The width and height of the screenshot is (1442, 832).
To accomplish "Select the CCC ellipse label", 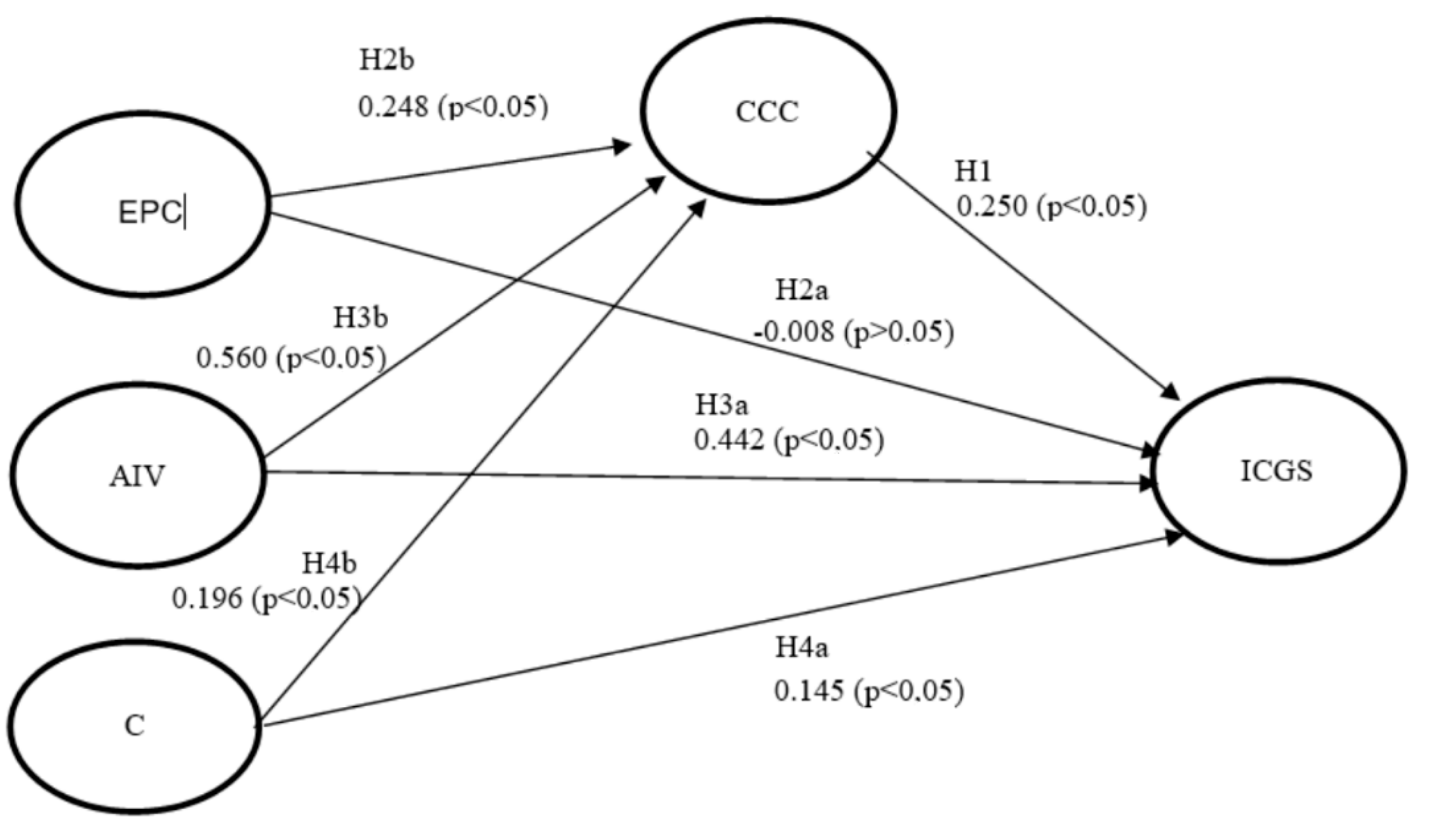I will tap(767, 112).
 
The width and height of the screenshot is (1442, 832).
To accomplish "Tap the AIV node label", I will tap(137, 477).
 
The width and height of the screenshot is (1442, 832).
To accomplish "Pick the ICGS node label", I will tap(1277, 472).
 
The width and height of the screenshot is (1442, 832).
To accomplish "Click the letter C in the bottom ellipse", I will tap(135, 726).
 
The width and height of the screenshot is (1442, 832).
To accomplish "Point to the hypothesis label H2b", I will tap(386, 60).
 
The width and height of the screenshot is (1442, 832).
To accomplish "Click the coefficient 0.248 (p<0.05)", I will tap(453, 107).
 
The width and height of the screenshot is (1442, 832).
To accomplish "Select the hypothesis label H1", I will tap(973, 171).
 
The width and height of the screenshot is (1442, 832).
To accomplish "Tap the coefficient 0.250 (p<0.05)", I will tap(1051, 207).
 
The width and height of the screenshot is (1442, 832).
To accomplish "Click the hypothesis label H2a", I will tap(801, 291).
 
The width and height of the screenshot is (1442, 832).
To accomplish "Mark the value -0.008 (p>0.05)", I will tap(853, 332).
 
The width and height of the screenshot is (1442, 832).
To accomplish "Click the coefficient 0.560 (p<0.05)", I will tap(291, 359).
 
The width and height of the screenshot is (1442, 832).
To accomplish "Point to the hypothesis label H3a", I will tap(721, 405).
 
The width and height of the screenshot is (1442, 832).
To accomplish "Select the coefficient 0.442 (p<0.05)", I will tap(789, 440).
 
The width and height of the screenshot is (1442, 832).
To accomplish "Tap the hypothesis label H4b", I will tap(330, 564).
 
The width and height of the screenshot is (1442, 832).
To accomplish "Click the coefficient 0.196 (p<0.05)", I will tap(267, 599).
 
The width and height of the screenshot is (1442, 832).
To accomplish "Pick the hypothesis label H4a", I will tap(801, 648).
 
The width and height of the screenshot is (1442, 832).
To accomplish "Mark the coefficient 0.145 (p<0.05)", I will tap(868, 692).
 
